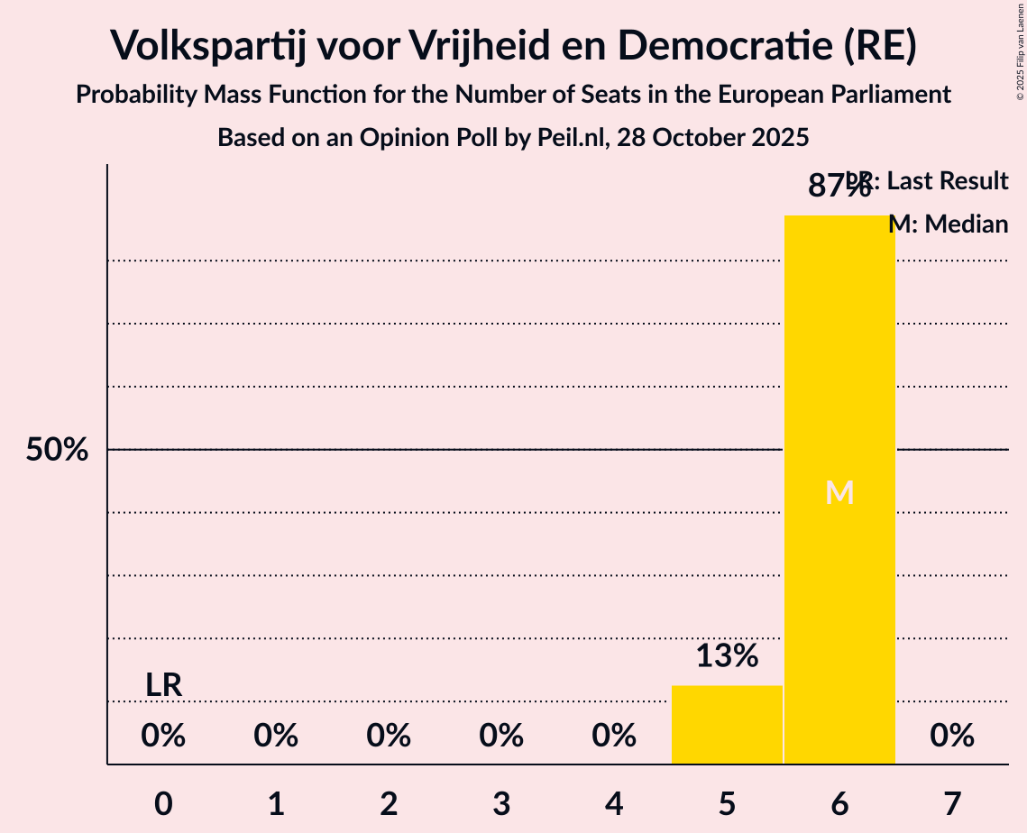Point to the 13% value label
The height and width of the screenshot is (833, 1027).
point(727,655)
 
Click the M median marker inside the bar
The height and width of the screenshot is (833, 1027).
point(839,492)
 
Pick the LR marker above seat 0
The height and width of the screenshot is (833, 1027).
point(164,685)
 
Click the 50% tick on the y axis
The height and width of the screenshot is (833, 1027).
point(57,450)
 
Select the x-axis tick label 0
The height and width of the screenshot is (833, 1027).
point(163,803)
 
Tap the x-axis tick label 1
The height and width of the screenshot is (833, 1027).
point(276,803)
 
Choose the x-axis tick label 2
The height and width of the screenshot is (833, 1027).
point(389,803)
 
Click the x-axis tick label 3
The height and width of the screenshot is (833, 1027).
point(501,803)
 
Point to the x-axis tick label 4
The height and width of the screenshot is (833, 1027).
point(614,803)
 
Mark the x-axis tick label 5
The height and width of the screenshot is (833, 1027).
point(727,803)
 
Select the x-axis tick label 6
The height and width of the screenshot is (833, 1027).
point(839,803)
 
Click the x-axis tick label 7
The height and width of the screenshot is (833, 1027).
point(952,803)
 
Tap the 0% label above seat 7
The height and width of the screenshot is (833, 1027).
point(952,737)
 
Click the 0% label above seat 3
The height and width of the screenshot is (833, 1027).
point(501,737)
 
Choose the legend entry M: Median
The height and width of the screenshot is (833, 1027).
point(948,224)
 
